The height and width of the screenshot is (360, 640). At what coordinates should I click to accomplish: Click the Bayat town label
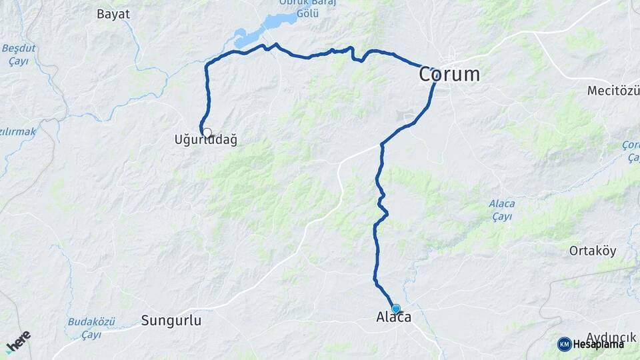(x=113, y=13)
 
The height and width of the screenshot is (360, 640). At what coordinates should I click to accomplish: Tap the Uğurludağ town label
(x=205, y=141)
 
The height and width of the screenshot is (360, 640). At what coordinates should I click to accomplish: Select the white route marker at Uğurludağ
(x=207, y=133)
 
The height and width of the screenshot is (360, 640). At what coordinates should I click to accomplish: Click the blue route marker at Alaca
(x=396, y=309)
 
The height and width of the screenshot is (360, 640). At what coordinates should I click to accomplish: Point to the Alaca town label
(x=393, y=319)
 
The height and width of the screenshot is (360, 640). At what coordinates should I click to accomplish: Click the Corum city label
(x=449, y=75)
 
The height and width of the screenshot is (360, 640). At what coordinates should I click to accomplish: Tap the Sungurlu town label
(x=171, y=321)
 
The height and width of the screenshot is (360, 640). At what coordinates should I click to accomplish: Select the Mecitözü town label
(x=613, y=91)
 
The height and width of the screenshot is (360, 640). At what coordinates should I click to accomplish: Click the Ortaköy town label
(x=592, y=251)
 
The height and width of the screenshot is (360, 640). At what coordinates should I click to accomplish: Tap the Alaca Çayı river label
(x=501, y=210)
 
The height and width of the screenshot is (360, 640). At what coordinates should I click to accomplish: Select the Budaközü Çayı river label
(x=91, y=328)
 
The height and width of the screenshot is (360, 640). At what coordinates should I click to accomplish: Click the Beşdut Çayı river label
(x=19, y=55)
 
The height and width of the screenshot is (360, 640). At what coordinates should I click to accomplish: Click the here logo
(x=18, y=341)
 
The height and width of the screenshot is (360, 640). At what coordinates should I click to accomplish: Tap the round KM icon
(x=564, y=344)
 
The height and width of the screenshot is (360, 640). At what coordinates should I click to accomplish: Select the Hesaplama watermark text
(x=598, y=345)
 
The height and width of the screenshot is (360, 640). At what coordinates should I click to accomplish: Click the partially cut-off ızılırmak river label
(x=18, y=132)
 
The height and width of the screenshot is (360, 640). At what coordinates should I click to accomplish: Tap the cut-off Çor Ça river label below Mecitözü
(x=630, y=151)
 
